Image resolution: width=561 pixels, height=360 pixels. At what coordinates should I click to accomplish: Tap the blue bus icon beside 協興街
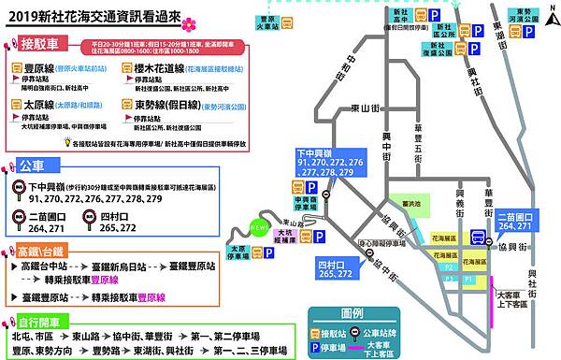click(479, 238)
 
